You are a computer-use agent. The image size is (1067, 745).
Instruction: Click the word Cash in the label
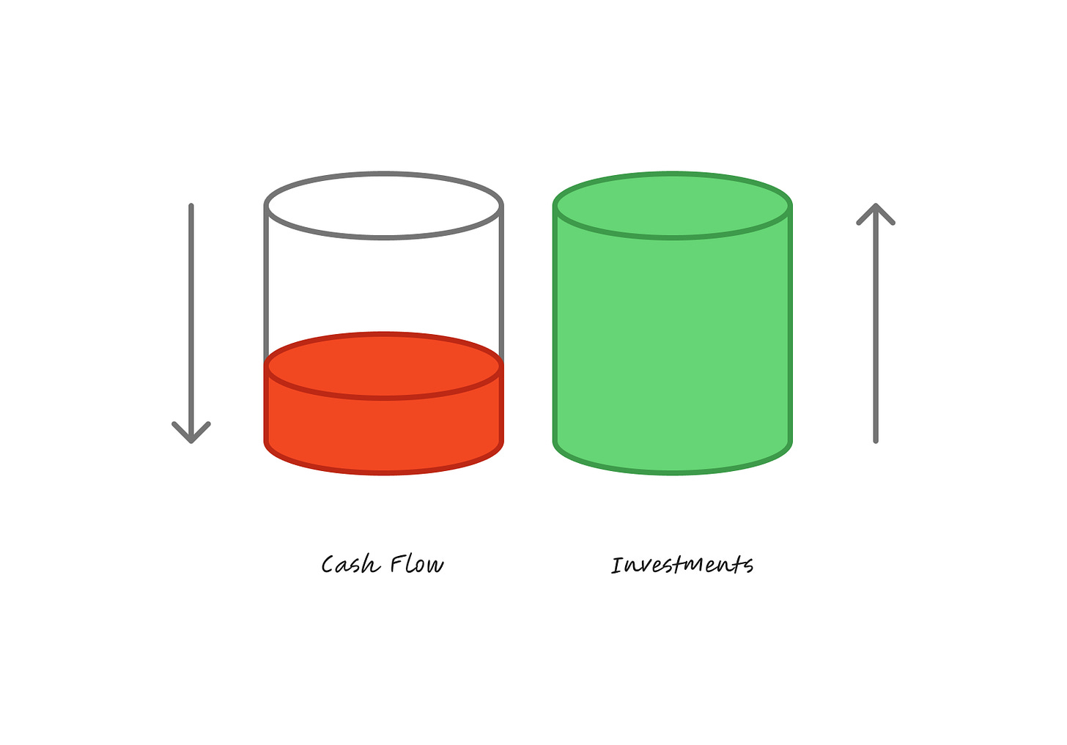click(350, 565)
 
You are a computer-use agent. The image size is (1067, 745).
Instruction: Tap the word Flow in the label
click(416, 565)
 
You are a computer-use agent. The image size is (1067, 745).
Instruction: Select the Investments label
click(682, 565)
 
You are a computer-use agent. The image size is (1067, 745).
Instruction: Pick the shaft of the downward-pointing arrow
click(191, 315)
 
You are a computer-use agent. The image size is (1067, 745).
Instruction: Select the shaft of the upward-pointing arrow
click(876, 330)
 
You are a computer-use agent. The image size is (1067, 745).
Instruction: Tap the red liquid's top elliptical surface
click(383, 366)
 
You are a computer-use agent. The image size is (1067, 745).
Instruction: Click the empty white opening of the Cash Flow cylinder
click(383, 206)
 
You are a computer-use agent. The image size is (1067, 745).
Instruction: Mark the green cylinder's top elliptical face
click(673, 206)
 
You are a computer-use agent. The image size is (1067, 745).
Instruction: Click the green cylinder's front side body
click(673, 352)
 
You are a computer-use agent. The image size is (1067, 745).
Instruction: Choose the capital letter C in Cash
click(329, 565)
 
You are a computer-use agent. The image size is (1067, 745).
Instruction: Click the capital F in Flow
click(396, 564)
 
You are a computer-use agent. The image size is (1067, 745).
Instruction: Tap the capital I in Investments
click(617, 566)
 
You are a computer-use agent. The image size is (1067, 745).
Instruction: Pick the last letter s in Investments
click(747, 565)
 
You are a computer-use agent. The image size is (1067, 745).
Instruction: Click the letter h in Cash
click(372, 564)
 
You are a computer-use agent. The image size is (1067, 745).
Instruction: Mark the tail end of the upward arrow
click(876, 440)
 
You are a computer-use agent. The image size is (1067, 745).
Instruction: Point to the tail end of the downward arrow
click(191, 206)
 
